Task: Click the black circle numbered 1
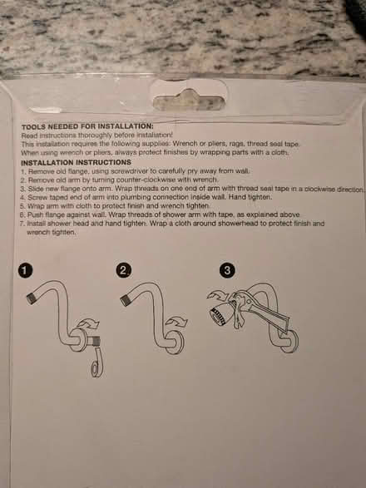tap(26, 270)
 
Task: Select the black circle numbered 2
tap(125, 270)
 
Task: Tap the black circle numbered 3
tap(228, 270)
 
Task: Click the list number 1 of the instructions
tap(22, 170)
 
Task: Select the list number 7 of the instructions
tap(22, 224)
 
